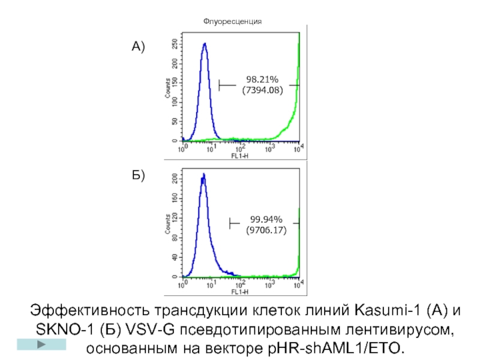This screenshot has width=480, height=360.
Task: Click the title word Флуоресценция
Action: point(232,21)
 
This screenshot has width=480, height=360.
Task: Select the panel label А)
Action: point(139,46)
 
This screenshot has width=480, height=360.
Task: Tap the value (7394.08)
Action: point(262,91)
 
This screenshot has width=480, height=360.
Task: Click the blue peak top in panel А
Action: point(205,44)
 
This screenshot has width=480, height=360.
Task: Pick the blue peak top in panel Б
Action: point(203,175)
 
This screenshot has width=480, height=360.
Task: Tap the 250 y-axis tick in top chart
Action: point(174,44)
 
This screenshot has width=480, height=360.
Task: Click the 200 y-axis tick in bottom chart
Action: point(174,178)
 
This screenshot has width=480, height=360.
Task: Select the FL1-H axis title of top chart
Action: point(240,155)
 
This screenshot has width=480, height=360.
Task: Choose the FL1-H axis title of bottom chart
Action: point(240,292)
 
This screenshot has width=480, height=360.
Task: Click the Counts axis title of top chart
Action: point(166,88)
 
